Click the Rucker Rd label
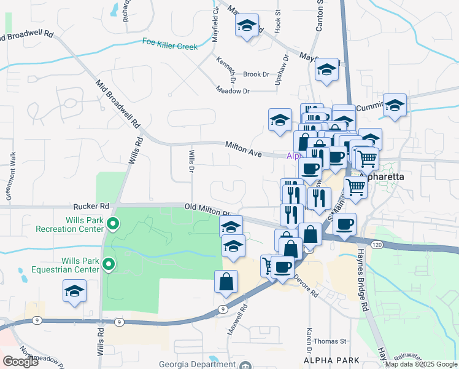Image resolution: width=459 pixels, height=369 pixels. coord(91,206)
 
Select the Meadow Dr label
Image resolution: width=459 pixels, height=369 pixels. coord(233,91)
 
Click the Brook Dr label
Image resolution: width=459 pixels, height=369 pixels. coord(256,74)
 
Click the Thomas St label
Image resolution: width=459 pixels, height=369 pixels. coord(330,341)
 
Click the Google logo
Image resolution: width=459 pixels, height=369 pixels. coord(20,362)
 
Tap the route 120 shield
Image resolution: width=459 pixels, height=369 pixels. coord(377,244)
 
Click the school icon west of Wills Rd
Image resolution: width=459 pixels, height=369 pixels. coord(74,290)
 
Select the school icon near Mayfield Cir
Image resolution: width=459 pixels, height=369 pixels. coord(247,25)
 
